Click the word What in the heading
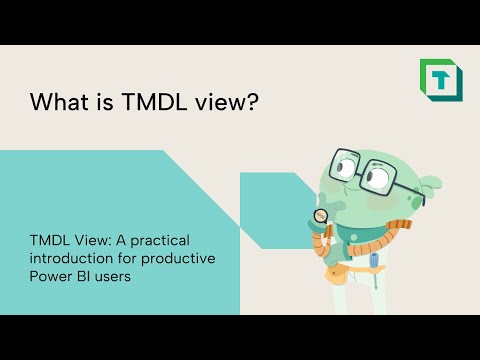pos(57,102)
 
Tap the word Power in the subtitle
pos(51,277)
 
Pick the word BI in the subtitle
pos(88,277)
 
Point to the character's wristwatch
pos(321,215)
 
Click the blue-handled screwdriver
pos(372,264)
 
